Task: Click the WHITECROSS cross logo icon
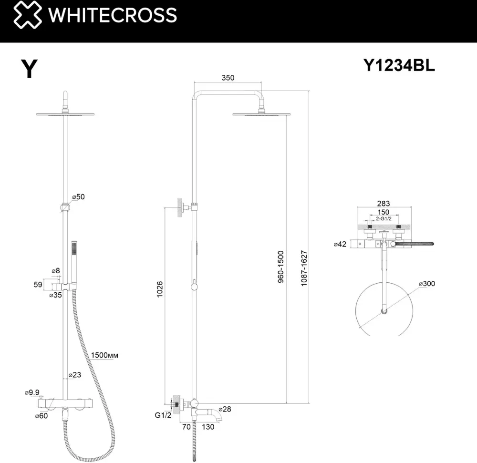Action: [28, 15]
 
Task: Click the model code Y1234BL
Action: [399, 65]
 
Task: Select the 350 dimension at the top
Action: [228, 78]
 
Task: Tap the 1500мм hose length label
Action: [104, 355]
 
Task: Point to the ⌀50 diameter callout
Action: [79, 196]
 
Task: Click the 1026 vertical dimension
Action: [160, 289]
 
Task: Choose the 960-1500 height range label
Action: [280, 267]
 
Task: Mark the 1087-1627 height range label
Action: [304, 268]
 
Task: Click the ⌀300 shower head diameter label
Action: [427, 284]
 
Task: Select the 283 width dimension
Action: [384, 204]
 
